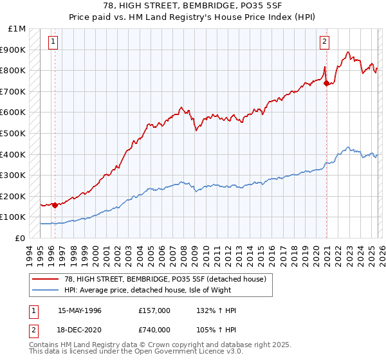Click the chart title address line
(192, 6)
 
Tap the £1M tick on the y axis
(17, 29)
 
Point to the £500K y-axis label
(14, 134)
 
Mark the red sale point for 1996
(55, 205)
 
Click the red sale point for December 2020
(326, 83)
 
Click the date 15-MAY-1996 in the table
(80, 310)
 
